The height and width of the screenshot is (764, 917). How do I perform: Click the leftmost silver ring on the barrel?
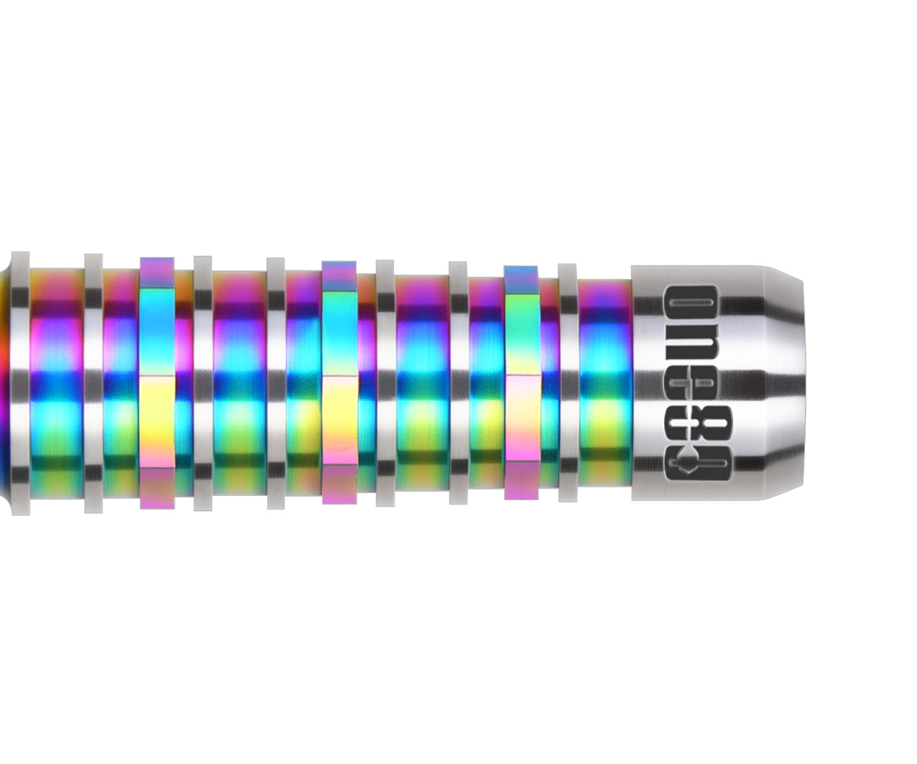(20, 383)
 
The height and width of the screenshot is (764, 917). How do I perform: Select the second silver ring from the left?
(93, 383)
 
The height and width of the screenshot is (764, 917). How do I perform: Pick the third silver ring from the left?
(203, 383)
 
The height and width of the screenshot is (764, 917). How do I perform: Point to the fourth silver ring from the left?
(276, 383)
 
